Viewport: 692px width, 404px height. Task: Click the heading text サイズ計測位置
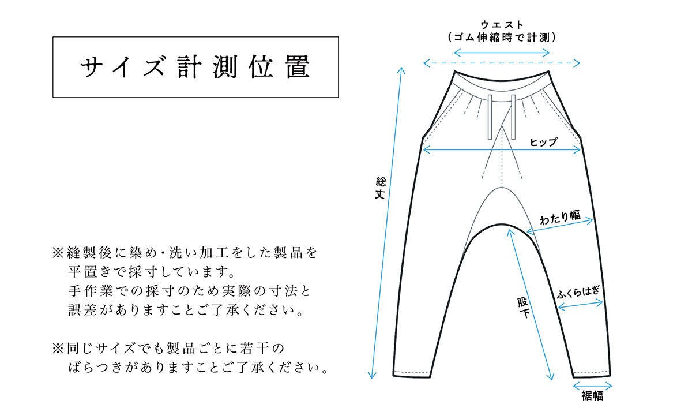[195, 67]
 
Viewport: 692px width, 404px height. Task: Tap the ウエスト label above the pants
[502, 25]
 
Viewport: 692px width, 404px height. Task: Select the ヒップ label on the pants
[544, 142]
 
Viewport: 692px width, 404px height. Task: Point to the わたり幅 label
[560, 217]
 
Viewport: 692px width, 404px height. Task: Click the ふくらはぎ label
[578, 292]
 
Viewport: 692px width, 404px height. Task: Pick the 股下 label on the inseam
[524, 308]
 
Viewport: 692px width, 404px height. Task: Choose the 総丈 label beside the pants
[380, 188]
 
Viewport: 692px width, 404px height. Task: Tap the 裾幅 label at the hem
[592, 396]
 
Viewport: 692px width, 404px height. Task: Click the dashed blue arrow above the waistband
[502, 63]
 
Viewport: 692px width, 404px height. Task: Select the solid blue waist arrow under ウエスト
[502, 53]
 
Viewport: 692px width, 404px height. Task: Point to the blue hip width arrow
[502, 150]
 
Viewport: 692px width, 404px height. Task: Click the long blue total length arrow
[386, 223]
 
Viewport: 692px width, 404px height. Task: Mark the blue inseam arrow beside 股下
[530, 305]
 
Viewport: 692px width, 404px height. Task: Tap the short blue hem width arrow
[592, 386]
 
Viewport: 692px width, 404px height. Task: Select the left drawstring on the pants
[490, 117]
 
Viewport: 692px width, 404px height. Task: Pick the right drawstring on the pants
[513, 117]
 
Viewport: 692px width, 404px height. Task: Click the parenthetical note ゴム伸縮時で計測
[502, 38]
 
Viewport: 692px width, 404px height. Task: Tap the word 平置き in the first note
[89, 272]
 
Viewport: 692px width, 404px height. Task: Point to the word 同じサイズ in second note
[101, 349]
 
